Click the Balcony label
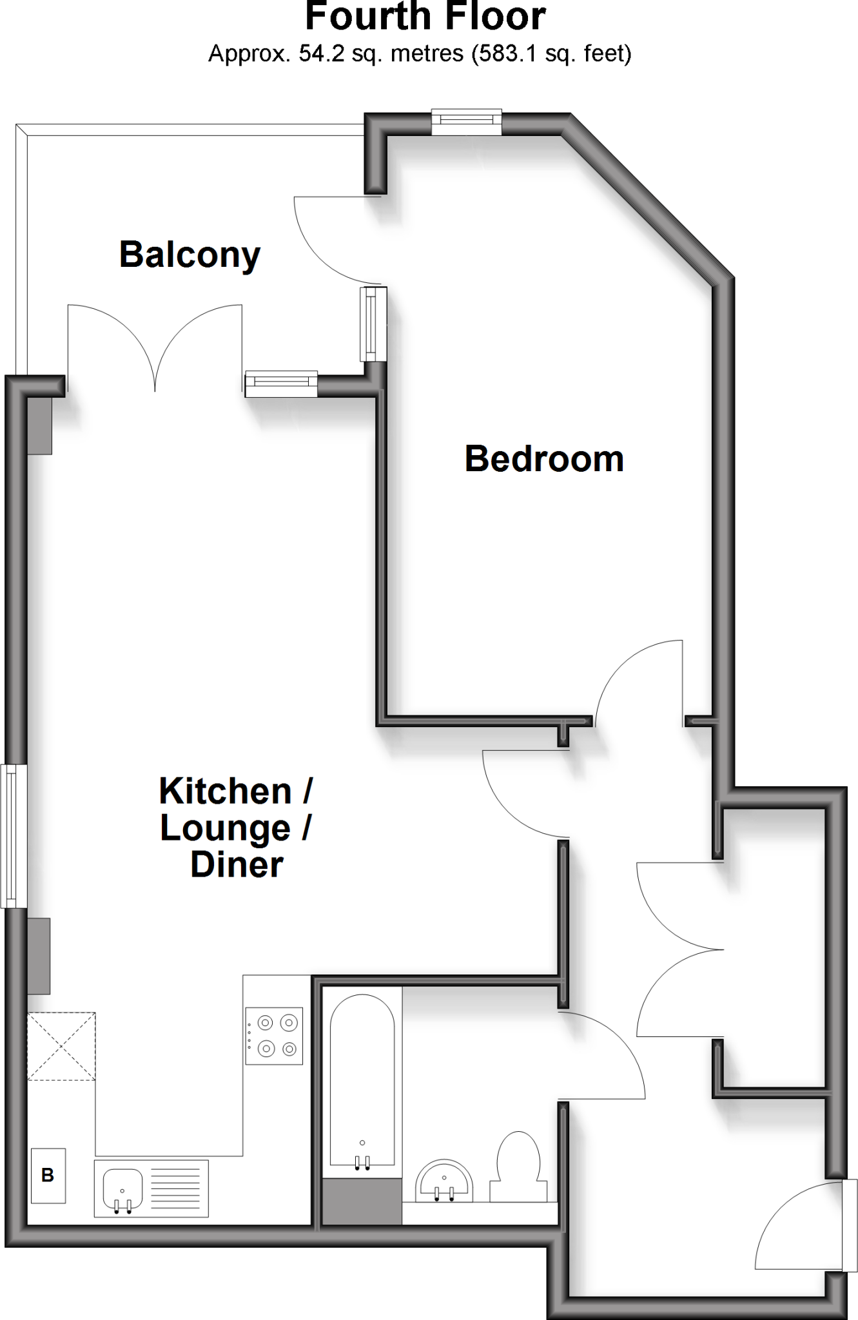(190, 255)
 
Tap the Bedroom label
(544, 459)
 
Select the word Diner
(237, 865)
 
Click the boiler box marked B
(48, 1175)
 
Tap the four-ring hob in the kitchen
(274, 1036)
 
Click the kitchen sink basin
(122, 1189)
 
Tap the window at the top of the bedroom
(466, 122)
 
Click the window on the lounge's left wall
(13, 836)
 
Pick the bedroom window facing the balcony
(373, 324)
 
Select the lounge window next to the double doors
(281, 384)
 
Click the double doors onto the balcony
(155, 348)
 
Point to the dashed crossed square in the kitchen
(61, 1046)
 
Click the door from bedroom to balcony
(335, 238)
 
